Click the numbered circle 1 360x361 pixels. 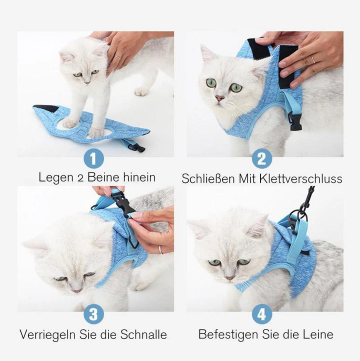tap(93, 159)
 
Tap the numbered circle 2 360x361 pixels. tap(261, 159)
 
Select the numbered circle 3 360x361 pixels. tap(93, 315)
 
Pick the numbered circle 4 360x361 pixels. tap(261, 315)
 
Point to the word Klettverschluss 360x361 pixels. tap(301, 178)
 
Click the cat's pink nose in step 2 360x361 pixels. tap(219, 98)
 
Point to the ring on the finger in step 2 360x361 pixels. tap(313, 59)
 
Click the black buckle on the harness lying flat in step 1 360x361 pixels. tap(136, 147)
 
